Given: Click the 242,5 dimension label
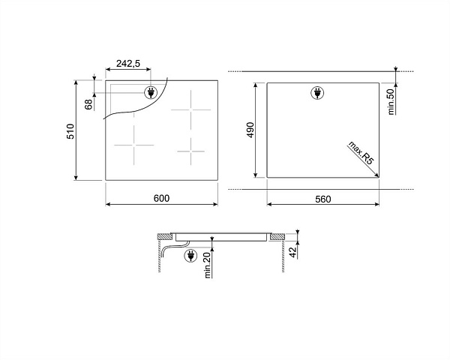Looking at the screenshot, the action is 128,64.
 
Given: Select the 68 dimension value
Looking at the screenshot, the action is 89,104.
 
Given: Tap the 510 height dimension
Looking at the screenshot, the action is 70,131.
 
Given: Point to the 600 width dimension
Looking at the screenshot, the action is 161,198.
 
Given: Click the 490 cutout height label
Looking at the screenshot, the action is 250,130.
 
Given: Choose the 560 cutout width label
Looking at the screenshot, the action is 322,199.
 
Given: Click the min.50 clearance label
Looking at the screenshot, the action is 391,102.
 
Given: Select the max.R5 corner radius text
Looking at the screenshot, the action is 361,153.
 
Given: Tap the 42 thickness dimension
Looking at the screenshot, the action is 292,252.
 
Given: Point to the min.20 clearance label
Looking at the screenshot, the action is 208,263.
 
